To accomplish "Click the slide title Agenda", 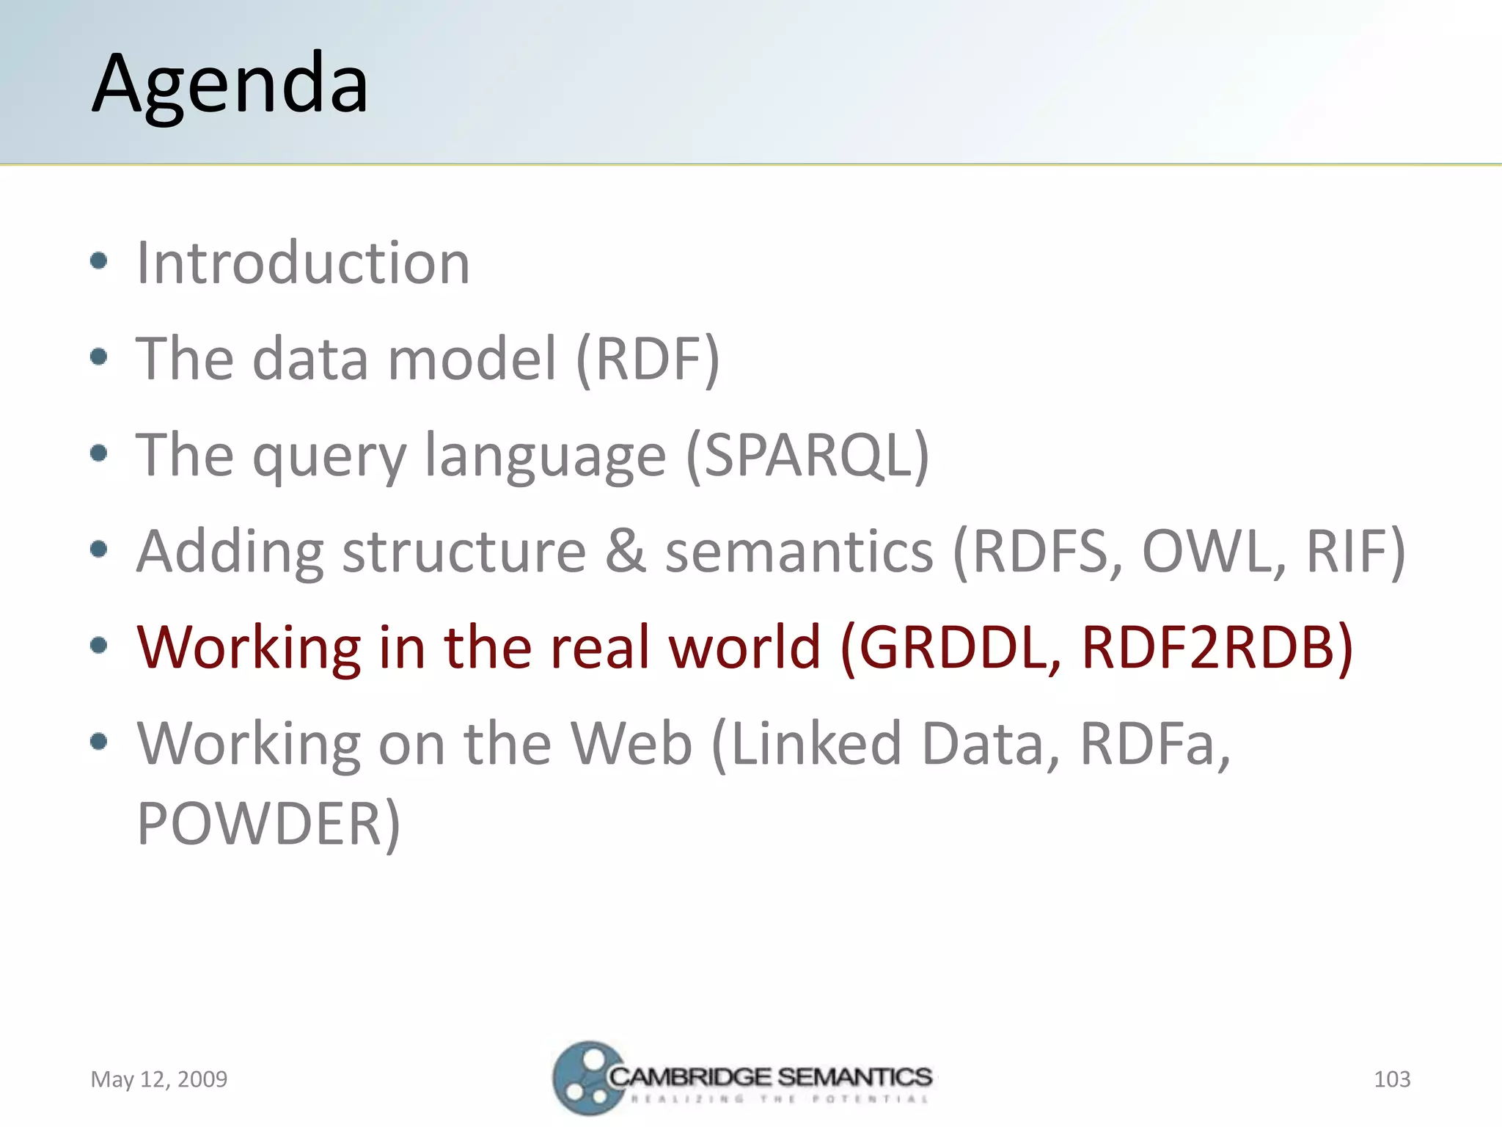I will (x=230, y=84).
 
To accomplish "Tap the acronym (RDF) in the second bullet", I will (x=648, y=360).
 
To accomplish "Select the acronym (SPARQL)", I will (x=807, y=456).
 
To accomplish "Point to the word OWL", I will (x=1214, y=552).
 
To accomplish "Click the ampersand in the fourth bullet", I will (x=626, y=552).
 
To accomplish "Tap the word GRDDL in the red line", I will (x=950, y=648).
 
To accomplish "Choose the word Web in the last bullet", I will (x=631, y=744).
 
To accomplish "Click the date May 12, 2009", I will (x=158, y=1079).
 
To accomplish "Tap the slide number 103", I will (x=1391, y=1079).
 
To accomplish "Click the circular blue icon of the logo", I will (x=585, y=1079).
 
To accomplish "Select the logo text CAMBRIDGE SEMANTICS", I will (x=770, y=1077).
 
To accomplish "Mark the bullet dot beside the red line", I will (x=98, y=646).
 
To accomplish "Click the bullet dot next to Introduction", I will (x=98, y=260).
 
